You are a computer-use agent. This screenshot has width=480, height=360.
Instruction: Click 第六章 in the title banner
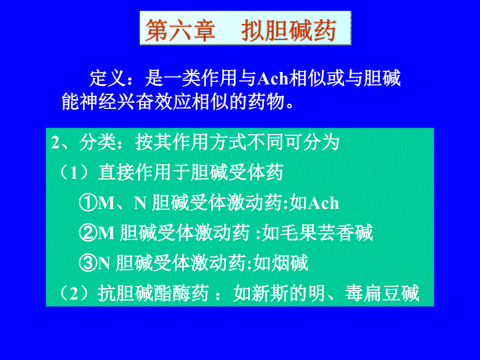pyautogui.click(x=181, y=30)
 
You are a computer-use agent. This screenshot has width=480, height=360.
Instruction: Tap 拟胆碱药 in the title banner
pyautogui.click(x=289, y=30)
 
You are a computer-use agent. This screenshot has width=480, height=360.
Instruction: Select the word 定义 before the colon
pyautogui.click(x=108, y=78)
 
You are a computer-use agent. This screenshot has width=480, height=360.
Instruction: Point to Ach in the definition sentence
pyautogui.click(x=273, y=79)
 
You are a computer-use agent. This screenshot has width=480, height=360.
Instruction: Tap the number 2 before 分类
pyautogui.click(x=55, y=142)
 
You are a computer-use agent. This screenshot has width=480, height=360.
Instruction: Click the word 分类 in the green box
pyautogui.click(x=98, y=142)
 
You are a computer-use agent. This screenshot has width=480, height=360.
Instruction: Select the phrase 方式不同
pyautogui.click(x=246, y=142)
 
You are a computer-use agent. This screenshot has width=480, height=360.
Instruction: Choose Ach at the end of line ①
pyautogui.click(x=323, y=203)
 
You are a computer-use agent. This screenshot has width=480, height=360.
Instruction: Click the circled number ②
pyautogui.click(x=88, y=233)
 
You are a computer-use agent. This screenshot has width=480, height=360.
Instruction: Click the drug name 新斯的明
pyautogui.click(x=279, y=293)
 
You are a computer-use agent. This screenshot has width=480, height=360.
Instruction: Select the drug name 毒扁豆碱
pyautogui.click(x=382, y=293)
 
